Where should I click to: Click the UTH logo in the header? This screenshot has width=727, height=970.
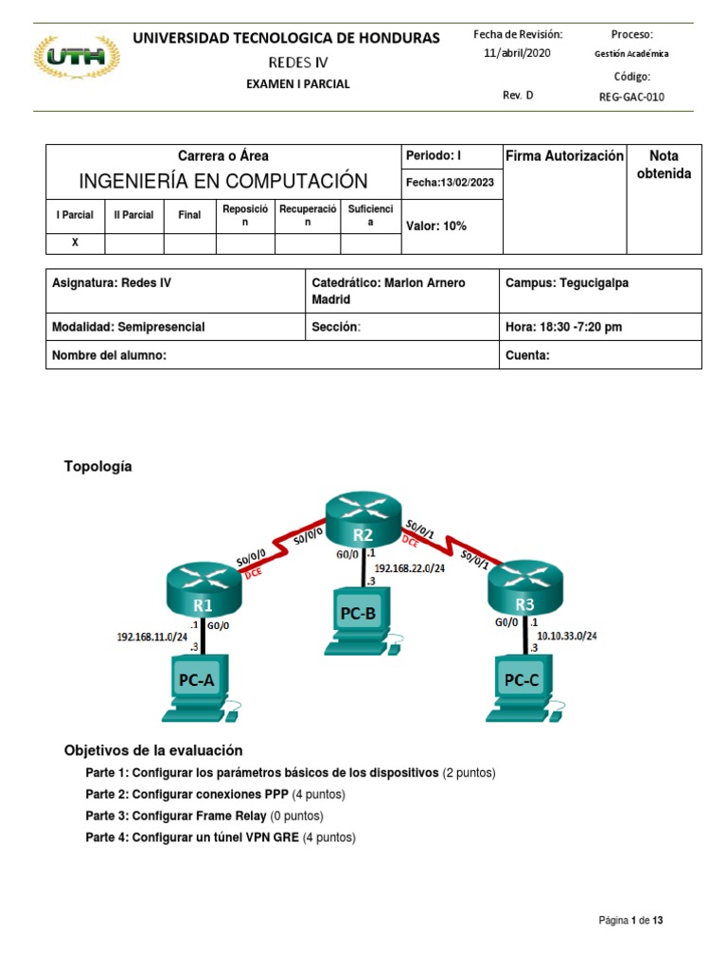point(76,58)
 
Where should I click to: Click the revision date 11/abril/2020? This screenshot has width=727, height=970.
point(518,53)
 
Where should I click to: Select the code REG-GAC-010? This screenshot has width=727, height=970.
point(632,96)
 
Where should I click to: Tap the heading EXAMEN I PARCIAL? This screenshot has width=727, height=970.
point(298,83)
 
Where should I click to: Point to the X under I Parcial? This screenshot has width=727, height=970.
point(75,242)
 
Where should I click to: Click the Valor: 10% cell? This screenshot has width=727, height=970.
point(436,225)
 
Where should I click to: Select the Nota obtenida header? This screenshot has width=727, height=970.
point(664,164)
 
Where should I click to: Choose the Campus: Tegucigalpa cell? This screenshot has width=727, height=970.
point(567,282)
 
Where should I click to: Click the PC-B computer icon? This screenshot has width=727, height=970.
point(359,620)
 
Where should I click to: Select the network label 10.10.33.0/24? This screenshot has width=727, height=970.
point(566,636)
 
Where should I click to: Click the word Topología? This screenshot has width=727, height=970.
point(98,466)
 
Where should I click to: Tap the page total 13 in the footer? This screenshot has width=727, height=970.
point(670,920)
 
